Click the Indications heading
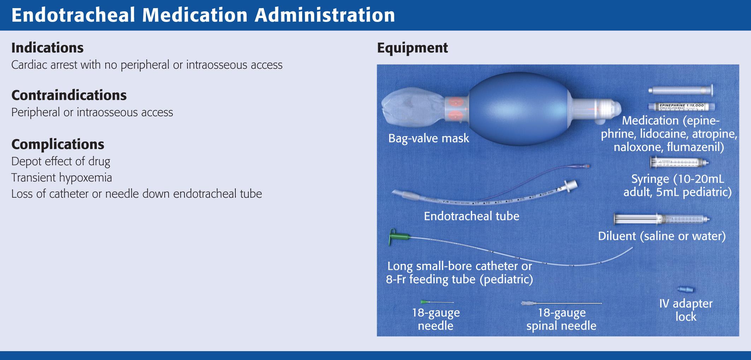click(x=47, y=48)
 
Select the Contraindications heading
click(x=69, y=95)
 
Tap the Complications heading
click(x=58, y=144)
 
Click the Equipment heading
click(x=412, y=48)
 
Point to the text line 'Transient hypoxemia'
click(x=61, y=178)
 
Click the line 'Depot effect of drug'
click(x=61, y=161)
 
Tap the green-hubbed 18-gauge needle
click(x=436, y=302)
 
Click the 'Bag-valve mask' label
click(x=428, y=138)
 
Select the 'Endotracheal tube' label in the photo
click(x=471, y=216)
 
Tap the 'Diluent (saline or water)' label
click(x=661, y=236)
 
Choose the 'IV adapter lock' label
click(x=686, y=310)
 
